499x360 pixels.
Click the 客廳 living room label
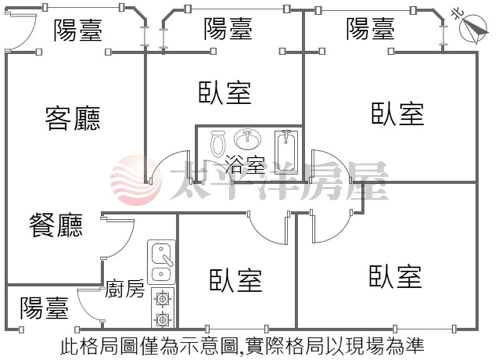click(x=73, y=117)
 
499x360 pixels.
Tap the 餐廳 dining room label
click(x=56, y=225)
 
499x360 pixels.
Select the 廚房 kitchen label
click(x=125, y=289)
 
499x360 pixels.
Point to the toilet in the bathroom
click(x=218, y=144)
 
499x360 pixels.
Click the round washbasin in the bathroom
click(x=248, y=139)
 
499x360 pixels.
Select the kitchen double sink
click(x=162, y=263)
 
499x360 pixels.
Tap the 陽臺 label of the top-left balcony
click(x=77, y=29)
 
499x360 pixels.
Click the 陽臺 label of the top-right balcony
click(x=371, y=28)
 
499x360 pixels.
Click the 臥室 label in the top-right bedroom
click(x=397, y=114)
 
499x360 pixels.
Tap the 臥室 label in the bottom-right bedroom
click(x=395, y=276)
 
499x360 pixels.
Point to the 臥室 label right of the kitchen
click(x=235, y=280)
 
